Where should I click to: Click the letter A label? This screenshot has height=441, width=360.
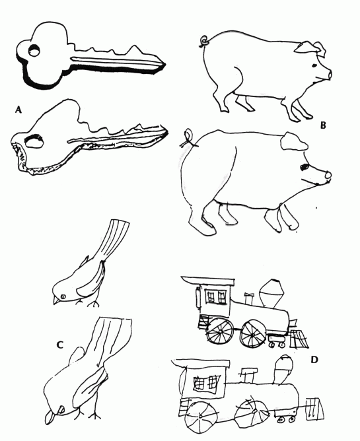pos(18,110)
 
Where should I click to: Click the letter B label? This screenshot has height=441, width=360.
pos(323,125)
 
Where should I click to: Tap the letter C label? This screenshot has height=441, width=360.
pos(59,345)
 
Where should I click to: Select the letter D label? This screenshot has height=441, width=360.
pos(314,359)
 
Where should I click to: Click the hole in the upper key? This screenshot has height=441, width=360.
pos(34,51)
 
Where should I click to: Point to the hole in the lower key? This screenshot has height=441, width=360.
pos(34,141)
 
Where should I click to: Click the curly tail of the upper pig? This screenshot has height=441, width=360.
pos(204,41)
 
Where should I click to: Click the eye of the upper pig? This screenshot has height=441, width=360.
pos(314,66)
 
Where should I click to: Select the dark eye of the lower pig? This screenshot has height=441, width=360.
pos(305,167)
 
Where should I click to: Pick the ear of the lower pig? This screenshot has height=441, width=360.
pos(293,141)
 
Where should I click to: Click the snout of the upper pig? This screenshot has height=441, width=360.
pos(328,75)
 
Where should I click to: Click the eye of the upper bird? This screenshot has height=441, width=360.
pos(63,296)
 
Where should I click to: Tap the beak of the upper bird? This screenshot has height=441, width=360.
pos(56,300)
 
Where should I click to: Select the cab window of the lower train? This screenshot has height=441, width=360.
pos(206,383)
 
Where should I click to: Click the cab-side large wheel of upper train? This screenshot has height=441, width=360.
pos(220,331)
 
